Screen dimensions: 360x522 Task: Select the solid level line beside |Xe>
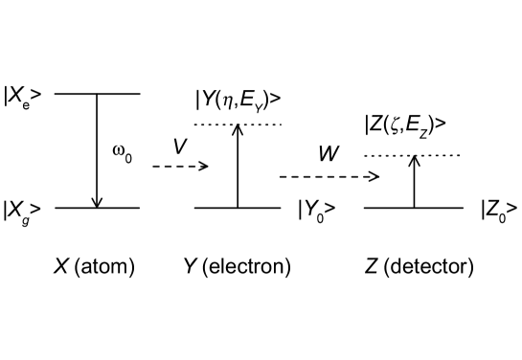point(98,94)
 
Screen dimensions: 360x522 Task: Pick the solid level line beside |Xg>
point(98,207)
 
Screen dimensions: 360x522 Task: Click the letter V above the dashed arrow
point(179,146)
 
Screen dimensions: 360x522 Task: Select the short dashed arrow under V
point(180,166)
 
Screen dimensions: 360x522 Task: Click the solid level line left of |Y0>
point(238,207)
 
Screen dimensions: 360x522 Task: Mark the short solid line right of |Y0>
point(374,207)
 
